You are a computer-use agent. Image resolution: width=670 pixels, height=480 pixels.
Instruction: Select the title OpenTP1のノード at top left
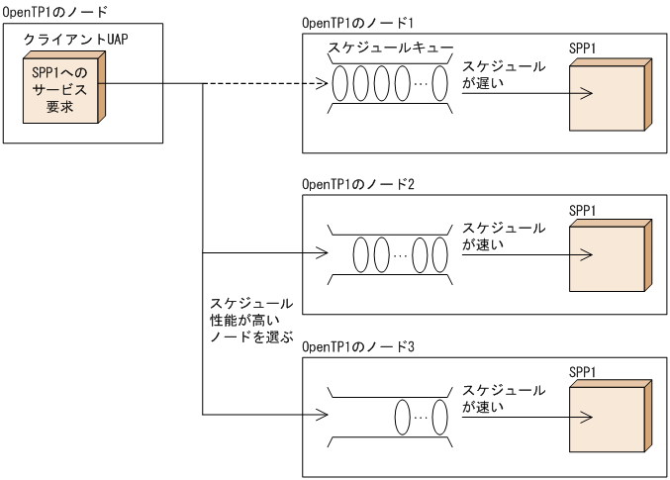pyautogui.click(x=55, y=10)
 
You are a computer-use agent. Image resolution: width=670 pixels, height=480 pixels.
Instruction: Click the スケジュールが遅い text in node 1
pyautogui.click(x=504, y=74)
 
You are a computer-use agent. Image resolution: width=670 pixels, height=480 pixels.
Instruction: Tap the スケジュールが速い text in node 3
pyautogui.click(x=504, y=398)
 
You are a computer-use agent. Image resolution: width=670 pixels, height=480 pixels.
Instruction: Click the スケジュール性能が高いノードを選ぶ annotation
pyautogui.click(x=251, y=320)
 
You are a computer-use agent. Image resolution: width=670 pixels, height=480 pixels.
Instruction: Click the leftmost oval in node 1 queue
pyautogui.click(x=341, y=85)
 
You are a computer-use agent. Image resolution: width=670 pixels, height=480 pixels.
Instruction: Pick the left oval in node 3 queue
pyautogui.click(x=404, y=417)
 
